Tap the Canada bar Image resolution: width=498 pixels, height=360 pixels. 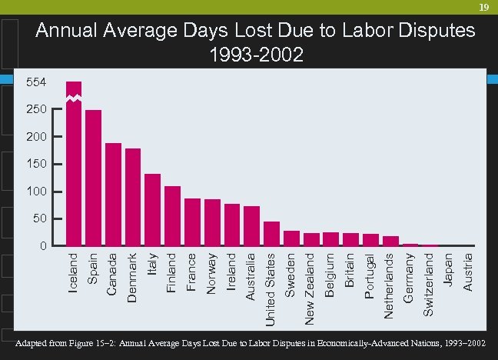click(x=113, y=195)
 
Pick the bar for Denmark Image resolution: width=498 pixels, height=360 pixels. click(x=133, y=198)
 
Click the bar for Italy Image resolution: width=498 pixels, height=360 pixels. click(x=152, y=210)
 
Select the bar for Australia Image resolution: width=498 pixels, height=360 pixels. click(x=251, y=226)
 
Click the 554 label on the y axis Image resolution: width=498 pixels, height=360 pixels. click(x=35, y=82)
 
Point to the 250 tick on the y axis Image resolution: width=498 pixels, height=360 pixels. click(x=35, y=110)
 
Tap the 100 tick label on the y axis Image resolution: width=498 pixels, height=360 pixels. click(x=35, y=192)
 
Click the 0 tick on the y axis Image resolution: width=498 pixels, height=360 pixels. click(x=45, y=246)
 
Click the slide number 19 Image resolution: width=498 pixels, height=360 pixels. click(x=483, y=7)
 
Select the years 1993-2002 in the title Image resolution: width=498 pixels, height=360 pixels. click(x=256, y=55)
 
